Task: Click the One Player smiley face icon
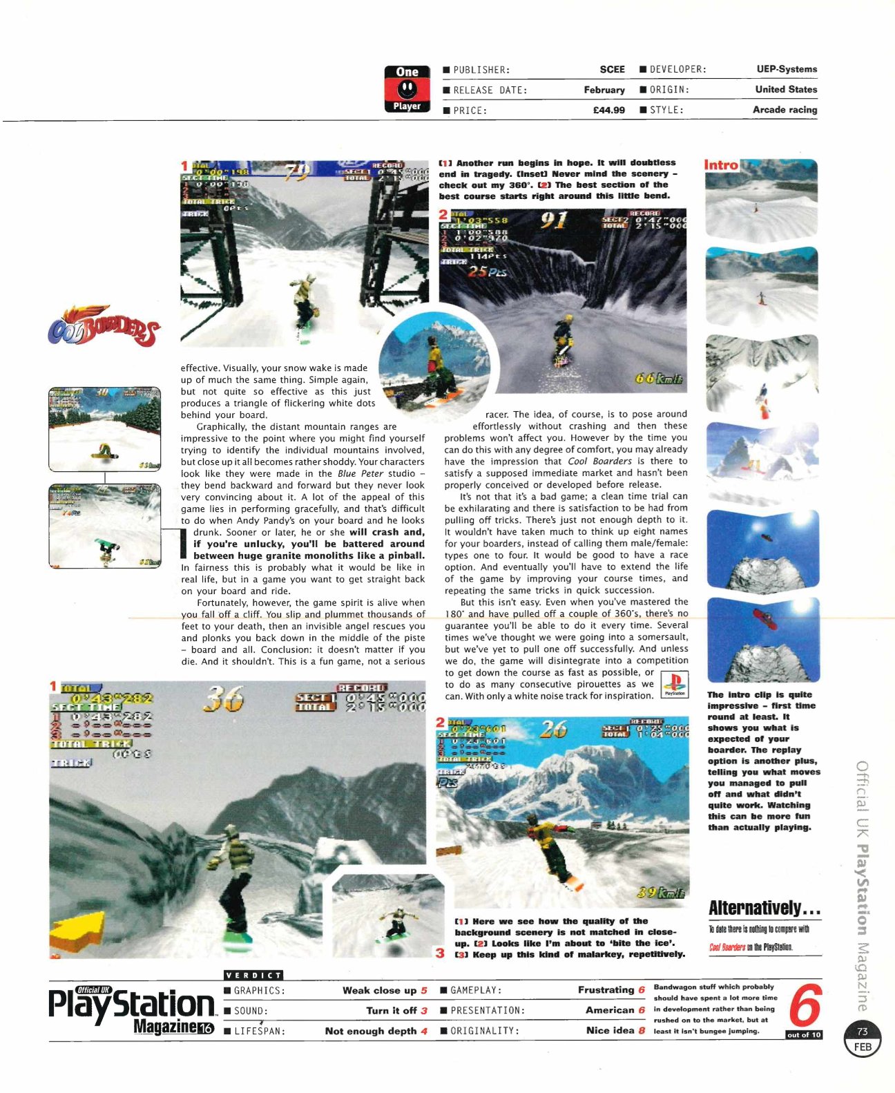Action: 407,89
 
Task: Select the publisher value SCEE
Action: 612,70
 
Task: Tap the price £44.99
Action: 608,110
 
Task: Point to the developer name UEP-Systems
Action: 786,69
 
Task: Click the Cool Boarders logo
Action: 104,327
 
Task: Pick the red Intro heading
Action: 721,165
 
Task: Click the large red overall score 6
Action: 805,1006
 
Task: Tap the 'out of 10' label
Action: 804,1034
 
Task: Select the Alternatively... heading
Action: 764,907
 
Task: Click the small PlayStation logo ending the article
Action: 674,684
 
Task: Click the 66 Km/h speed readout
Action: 659,378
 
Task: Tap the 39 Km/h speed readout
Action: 660,893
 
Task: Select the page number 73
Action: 863,1032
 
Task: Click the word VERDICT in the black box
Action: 253,975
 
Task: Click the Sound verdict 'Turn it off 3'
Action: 396,1010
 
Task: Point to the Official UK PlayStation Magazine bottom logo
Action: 131,1010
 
